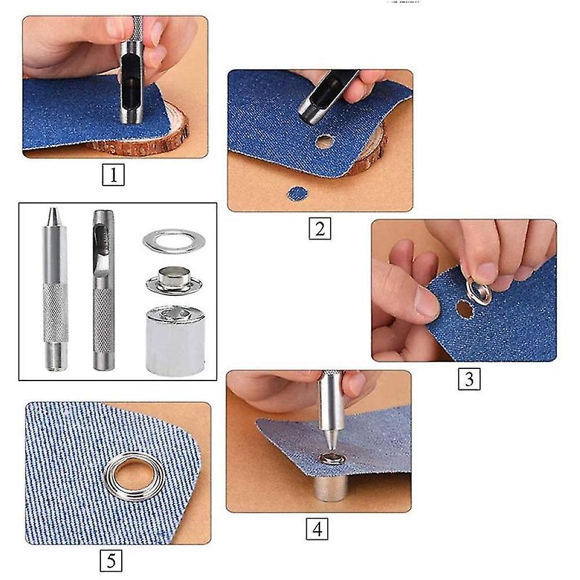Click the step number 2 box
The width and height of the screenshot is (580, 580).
point(320,229)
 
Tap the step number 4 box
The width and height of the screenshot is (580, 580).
point(317,529)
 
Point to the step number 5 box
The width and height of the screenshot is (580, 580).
point(111,561)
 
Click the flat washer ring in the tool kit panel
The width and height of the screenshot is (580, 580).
point(173,241)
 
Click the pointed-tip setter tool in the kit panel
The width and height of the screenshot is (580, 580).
point(54,290)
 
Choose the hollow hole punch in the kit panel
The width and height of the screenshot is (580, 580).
point(103,290)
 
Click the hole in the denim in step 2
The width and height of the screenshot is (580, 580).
point(325,141)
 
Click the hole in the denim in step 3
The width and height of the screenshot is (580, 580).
point(463,309)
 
